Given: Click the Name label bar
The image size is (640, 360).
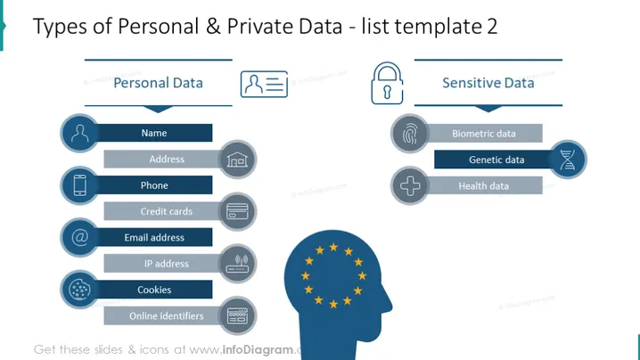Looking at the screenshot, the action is click(154, 133).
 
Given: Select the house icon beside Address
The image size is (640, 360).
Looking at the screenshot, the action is click(238, 160).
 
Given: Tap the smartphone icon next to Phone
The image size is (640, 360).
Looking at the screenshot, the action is click(79, 185).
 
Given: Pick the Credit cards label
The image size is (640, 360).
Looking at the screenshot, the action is click(166, 211).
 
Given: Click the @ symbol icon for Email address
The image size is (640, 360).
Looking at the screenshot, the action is click(79, 237).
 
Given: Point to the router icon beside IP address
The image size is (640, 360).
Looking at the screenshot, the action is click(238, 264).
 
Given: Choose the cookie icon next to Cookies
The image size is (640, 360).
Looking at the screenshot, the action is click(79, 290).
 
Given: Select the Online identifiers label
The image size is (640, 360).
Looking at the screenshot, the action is click(166, 316).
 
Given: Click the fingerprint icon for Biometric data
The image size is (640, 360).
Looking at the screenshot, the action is click(410, 134).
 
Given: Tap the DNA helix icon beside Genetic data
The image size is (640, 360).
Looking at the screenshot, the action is click(568, 160).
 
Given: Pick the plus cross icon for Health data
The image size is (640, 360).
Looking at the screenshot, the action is click(410, 185).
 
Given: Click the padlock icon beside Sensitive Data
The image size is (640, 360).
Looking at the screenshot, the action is click(387, 83).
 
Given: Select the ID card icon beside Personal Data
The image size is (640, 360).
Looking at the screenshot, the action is click(264, 85).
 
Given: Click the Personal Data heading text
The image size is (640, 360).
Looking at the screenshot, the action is click(158, 83).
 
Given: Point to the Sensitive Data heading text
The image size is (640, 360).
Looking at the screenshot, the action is click(488, 83).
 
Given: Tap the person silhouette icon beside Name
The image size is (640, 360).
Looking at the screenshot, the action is click(79, 133).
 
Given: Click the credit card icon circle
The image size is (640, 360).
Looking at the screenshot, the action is click(238, 212).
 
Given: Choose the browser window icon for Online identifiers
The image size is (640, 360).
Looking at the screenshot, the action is click(238, 316).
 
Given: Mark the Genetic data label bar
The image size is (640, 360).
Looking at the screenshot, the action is click(494, 160).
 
